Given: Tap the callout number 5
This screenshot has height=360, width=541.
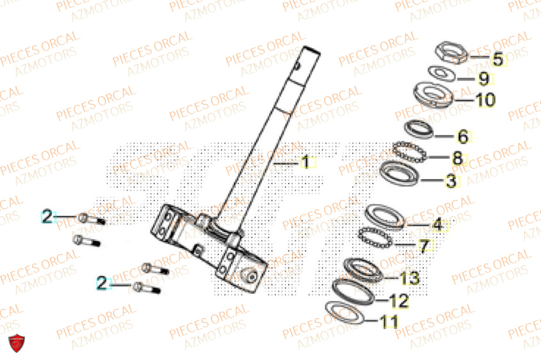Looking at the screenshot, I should (x=497, y=59).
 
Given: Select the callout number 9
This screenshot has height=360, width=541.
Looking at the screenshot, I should (x=484, y=79).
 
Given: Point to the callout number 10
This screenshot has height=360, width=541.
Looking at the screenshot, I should (x=485, y=100).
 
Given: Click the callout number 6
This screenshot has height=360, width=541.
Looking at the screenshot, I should (x=463, y=136).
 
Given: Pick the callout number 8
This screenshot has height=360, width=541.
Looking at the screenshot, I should (x=458, y=159).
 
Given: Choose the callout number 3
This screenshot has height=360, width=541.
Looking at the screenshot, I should (x=451, y=181).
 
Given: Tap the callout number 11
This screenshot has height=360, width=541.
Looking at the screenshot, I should (x=389, y=322).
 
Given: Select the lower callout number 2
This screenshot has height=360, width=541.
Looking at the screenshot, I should (x=103, y=282).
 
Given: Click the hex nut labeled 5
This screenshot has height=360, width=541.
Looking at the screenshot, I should (x=451, y=53).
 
